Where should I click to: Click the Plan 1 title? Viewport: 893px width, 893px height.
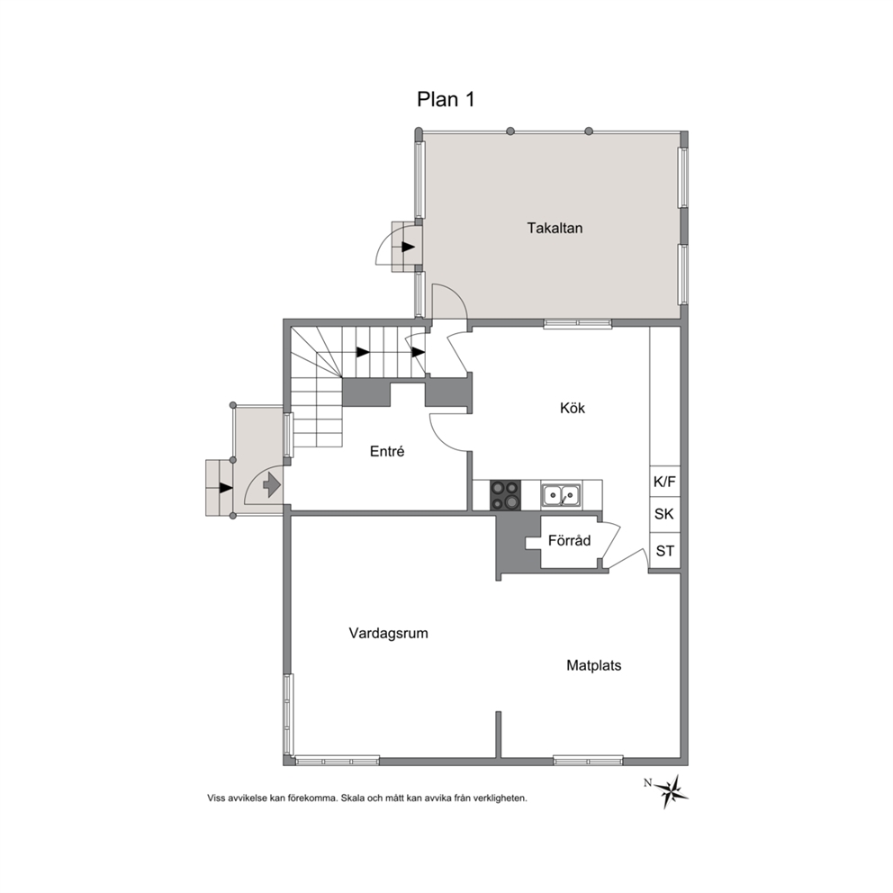(446, 100)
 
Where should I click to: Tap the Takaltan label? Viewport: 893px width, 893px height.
(555, 229)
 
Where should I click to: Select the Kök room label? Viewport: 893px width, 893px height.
(573, 408)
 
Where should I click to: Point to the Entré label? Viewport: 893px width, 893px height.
(387, 451)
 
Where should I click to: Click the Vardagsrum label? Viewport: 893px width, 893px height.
(388, 634)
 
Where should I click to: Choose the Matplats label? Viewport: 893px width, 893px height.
(593, 665)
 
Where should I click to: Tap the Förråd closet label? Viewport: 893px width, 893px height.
(569, 540)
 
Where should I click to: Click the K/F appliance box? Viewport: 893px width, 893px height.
(664, 482)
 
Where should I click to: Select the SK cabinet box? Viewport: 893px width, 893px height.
(664, 514)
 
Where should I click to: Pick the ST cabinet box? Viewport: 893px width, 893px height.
(664, 551)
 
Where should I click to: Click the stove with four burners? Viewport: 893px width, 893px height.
(505, 495)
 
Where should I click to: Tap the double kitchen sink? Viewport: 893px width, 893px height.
(561, 495)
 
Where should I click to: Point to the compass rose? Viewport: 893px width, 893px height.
(672, 790)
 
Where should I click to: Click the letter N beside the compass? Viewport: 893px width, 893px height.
(647, 782)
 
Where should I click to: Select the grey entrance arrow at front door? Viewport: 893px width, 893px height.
(271, 485)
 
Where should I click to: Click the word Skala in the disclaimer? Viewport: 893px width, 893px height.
(354, 798)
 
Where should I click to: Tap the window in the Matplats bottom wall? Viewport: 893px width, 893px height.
(588, 761)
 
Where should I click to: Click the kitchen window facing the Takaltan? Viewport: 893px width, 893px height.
(578, 323)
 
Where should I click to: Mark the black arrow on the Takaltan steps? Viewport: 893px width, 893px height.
(408, 247)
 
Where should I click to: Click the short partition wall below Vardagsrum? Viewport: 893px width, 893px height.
(499, 735)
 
